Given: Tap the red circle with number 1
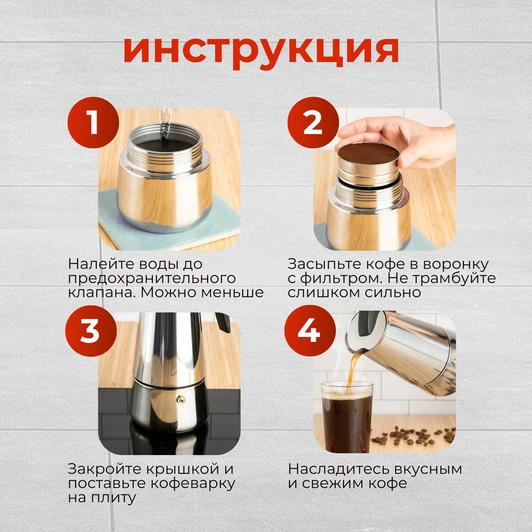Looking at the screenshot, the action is click(93, 122).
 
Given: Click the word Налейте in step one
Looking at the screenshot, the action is click(99, 264).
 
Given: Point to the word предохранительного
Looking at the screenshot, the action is click(152, 279).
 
